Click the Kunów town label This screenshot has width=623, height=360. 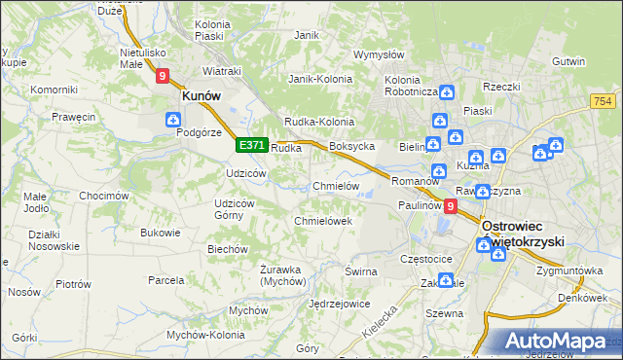pyautogui.click(x=202, y=96)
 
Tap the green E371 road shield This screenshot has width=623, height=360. pyautogui.click(x=251, y=145)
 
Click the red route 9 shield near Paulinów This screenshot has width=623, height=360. pyautogui.click(x=449, y=206)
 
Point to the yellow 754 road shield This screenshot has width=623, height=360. pyautogui.click(x=602, y=100)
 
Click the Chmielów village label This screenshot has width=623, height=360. pyautogui.click(x=337, y=186)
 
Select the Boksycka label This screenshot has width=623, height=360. pyautogui.click(x=352, y=146)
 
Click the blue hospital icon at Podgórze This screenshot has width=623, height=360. pyautogui.click(x=173, y=120)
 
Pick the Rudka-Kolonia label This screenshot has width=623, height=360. pyautogui.click(x=316, y=121)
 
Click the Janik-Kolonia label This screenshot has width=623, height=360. pyautogui.click(x=319, y=79)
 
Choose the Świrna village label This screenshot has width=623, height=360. pyautogui.click(x=360, y=271)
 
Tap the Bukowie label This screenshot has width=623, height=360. pyautogui.click(x=161, y=233)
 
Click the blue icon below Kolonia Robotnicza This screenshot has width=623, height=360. pyautogui.click(x=446, y=93)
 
